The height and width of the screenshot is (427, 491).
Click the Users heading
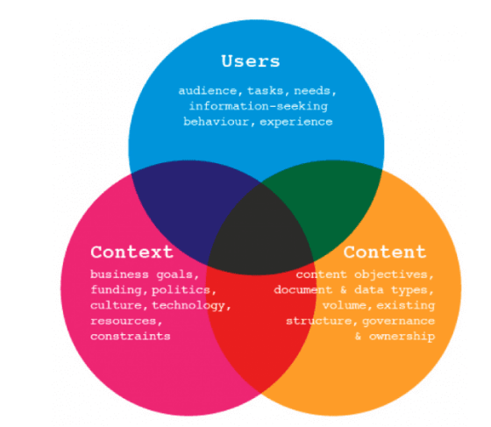point(251,61)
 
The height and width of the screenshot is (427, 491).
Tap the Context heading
point(132,252)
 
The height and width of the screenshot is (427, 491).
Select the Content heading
point(385,252)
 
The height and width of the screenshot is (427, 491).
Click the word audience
point(208,91)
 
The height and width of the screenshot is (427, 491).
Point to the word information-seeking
point(259,106)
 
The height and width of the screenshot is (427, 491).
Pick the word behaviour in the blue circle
point(216,122)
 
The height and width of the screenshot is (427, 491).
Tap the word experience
point(296,122)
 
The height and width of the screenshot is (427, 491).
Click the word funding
point(116,290)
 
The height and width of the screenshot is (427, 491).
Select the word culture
point(116,305)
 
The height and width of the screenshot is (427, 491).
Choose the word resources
point(124,321)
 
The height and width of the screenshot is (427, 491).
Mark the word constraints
point(131,336)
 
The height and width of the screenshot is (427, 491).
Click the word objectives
point(391,274)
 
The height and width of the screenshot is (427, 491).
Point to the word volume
point(345,305)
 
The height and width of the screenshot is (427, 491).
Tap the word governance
point(399,321)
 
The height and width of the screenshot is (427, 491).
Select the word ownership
point(402,337)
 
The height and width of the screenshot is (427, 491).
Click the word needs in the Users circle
point(312,91)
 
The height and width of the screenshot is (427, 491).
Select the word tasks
point(265,91)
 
